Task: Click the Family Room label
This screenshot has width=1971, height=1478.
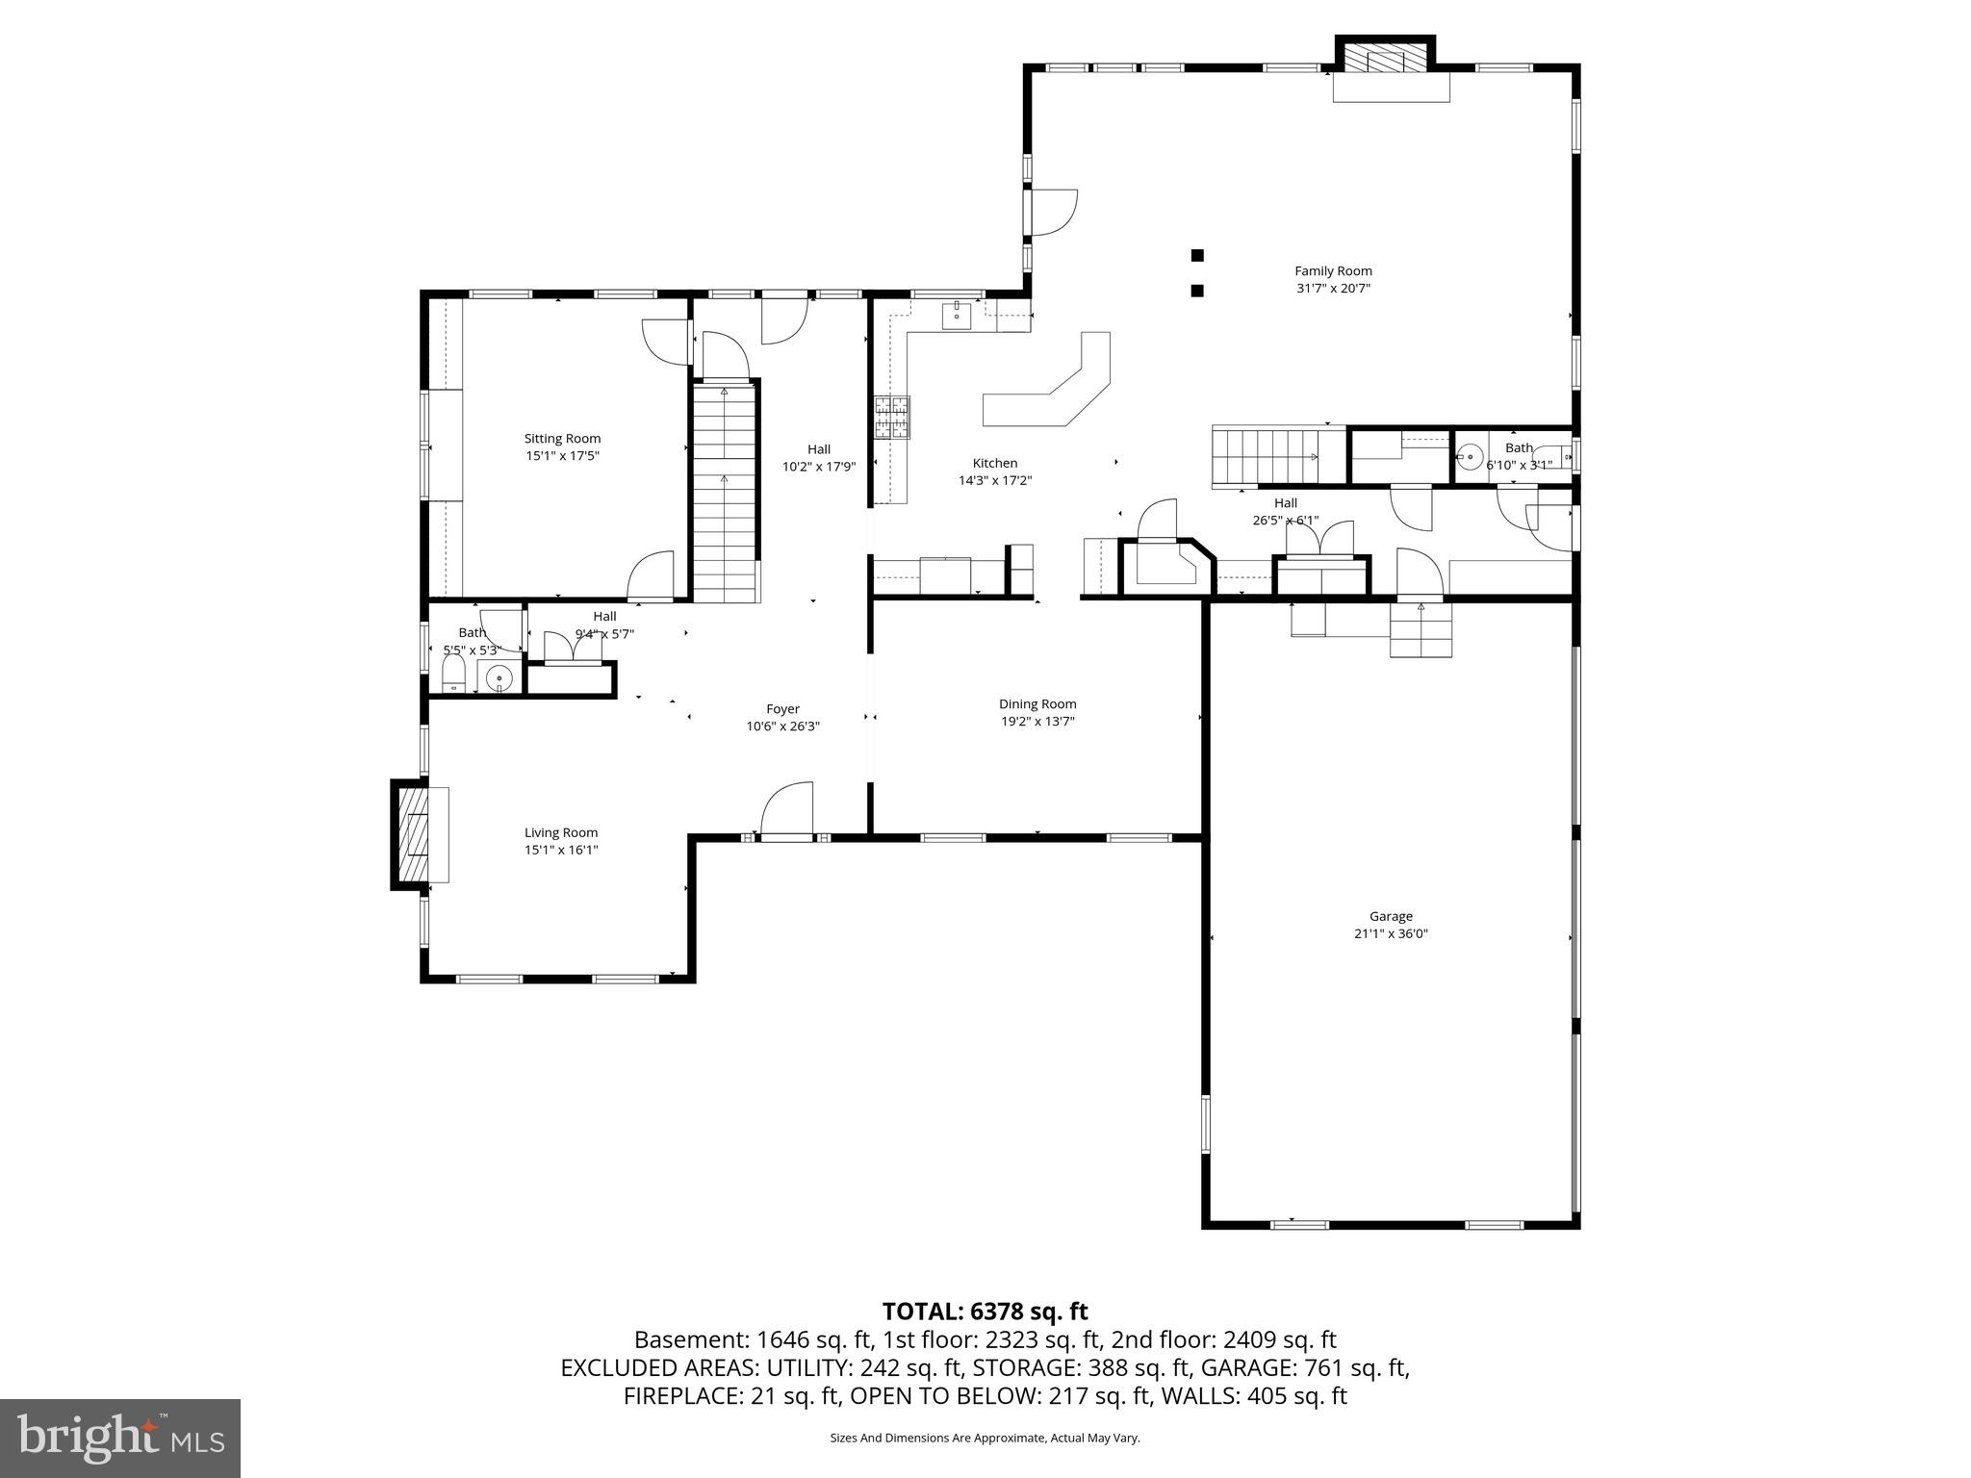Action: tap(1333, 271)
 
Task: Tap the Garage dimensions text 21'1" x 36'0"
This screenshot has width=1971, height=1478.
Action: tap(1391, 933)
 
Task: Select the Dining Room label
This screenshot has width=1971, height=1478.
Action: tap(1037, 704)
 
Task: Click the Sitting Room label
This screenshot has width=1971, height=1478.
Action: tap(562, 439)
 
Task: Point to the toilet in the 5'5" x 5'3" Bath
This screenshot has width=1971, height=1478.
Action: tap(453, 676)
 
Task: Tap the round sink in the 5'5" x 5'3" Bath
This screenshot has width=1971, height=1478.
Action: tap(499, 679)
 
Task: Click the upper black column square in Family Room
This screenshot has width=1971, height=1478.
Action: tap(1197, 255)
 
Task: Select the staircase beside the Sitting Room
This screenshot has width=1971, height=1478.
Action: tap(725, 491)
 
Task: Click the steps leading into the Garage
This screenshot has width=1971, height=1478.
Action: tap(1421, 633)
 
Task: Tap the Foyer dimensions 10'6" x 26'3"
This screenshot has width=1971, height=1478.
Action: tap(782, 726)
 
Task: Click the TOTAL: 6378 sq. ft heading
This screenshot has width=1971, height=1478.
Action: tap(985, 1312)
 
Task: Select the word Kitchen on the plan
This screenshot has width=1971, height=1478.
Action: tap(994, 463)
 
